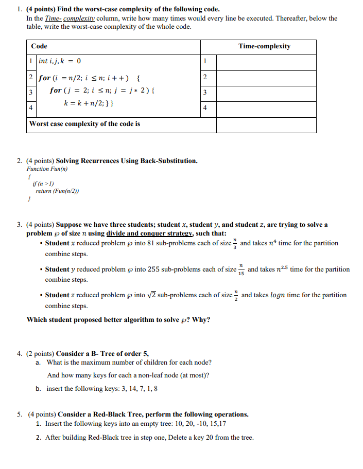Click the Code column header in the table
pos(39,46)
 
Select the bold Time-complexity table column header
pos(264,46)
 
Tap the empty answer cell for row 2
pos(266,78)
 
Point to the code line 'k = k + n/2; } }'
pos(89,102)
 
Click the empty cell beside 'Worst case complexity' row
pos(266,124)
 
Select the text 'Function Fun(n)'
pos(47,169)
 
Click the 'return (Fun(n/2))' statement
pos(57,191)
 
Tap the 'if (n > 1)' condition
pos(43,184)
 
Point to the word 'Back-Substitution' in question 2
pos(168,161)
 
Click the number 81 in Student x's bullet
pos(151,243)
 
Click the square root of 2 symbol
pos(151,295)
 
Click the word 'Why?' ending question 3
pos(201,320)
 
